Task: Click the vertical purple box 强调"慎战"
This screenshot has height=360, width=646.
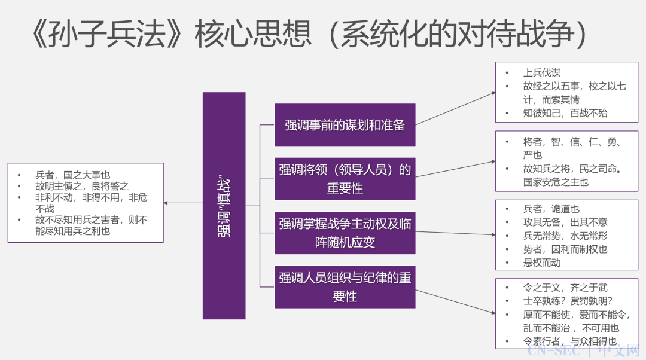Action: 224,205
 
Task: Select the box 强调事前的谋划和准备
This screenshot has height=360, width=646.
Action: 345,124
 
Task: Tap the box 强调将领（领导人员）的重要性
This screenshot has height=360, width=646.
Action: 345,178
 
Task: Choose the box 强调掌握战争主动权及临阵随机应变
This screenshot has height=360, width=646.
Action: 345,233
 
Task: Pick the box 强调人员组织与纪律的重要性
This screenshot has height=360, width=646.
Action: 345,286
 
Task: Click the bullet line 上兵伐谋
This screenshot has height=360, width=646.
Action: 542,73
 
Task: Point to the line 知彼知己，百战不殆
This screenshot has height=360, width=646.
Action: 565,113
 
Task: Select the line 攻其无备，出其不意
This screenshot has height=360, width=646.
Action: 565,222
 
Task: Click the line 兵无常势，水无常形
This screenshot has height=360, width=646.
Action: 565,236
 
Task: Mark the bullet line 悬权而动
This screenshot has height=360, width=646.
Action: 542,262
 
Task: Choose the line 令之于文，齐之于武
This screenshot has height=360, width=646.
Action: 565,288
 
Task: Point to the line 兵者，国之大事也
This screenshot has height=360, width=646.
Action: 72,175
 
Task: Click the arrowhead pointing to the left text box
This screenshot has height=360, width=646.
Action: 167,203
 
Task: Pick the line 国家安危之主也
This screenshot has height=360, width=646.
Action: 556,182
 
